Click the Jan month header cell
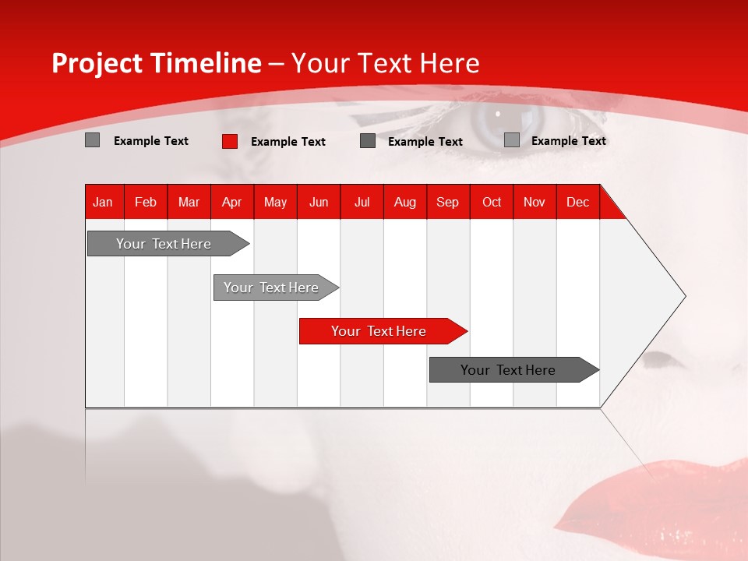click(x=103, y=202)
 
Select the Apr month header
click(x=231, y=202)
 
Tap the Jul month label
click(x=362, y=202)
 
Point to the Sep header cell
click(x=447, y=202)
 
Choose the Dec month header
click(x=577, y=202)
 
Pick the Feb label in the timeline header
click(x=146, y=202)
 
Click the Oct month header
click(x=492, y=202)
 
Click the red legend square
click(x=230, y=141)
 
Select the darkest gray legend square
click(x=368, y=141)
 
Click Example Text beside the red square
click(x=288, y=142)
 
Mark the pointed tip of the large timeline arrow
click(x=685, y=295)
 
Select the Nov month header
click(x=535, y=202)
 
